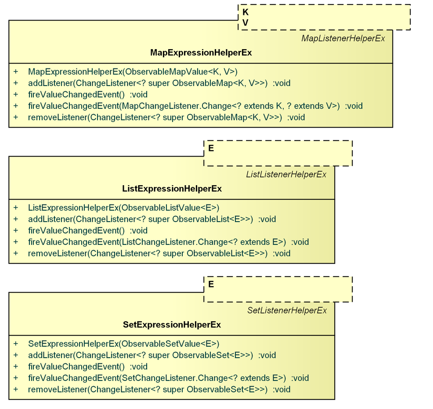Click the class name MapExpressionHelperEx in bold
tap(201, 53)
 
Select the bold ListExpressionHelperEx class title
tap(172, 189)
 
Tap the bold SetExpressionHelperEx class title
tap(172, 325)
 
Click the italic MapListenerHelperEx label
tap(343, 39)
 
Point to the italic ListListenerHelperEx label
tap(286, 175)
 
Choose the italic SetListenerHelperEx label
tap(287, 311)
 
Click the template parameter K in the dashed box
tap(245, 13)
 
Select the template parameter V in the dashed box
tap(245, 22)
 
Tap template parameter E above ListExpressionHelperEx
tap(211, 148)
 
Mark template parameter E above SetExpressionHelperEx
tap(211, 284)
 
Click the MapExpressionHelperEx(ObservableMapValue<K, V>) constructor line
tap(133, 72)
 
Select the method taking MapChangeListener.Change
tap(195, 106)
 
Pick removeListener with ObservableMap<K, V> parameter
tap(166, 117)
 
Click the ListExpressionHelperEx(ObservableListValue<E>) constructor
tap(123, 208)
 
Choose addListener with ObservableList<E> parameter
tap(152, 219)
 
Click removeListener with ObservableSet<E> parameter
tap(159, 389)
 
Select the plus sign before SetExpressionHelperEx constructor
tap(16, 344)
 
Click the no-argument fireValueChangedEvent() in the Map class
tap(87, 94)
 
